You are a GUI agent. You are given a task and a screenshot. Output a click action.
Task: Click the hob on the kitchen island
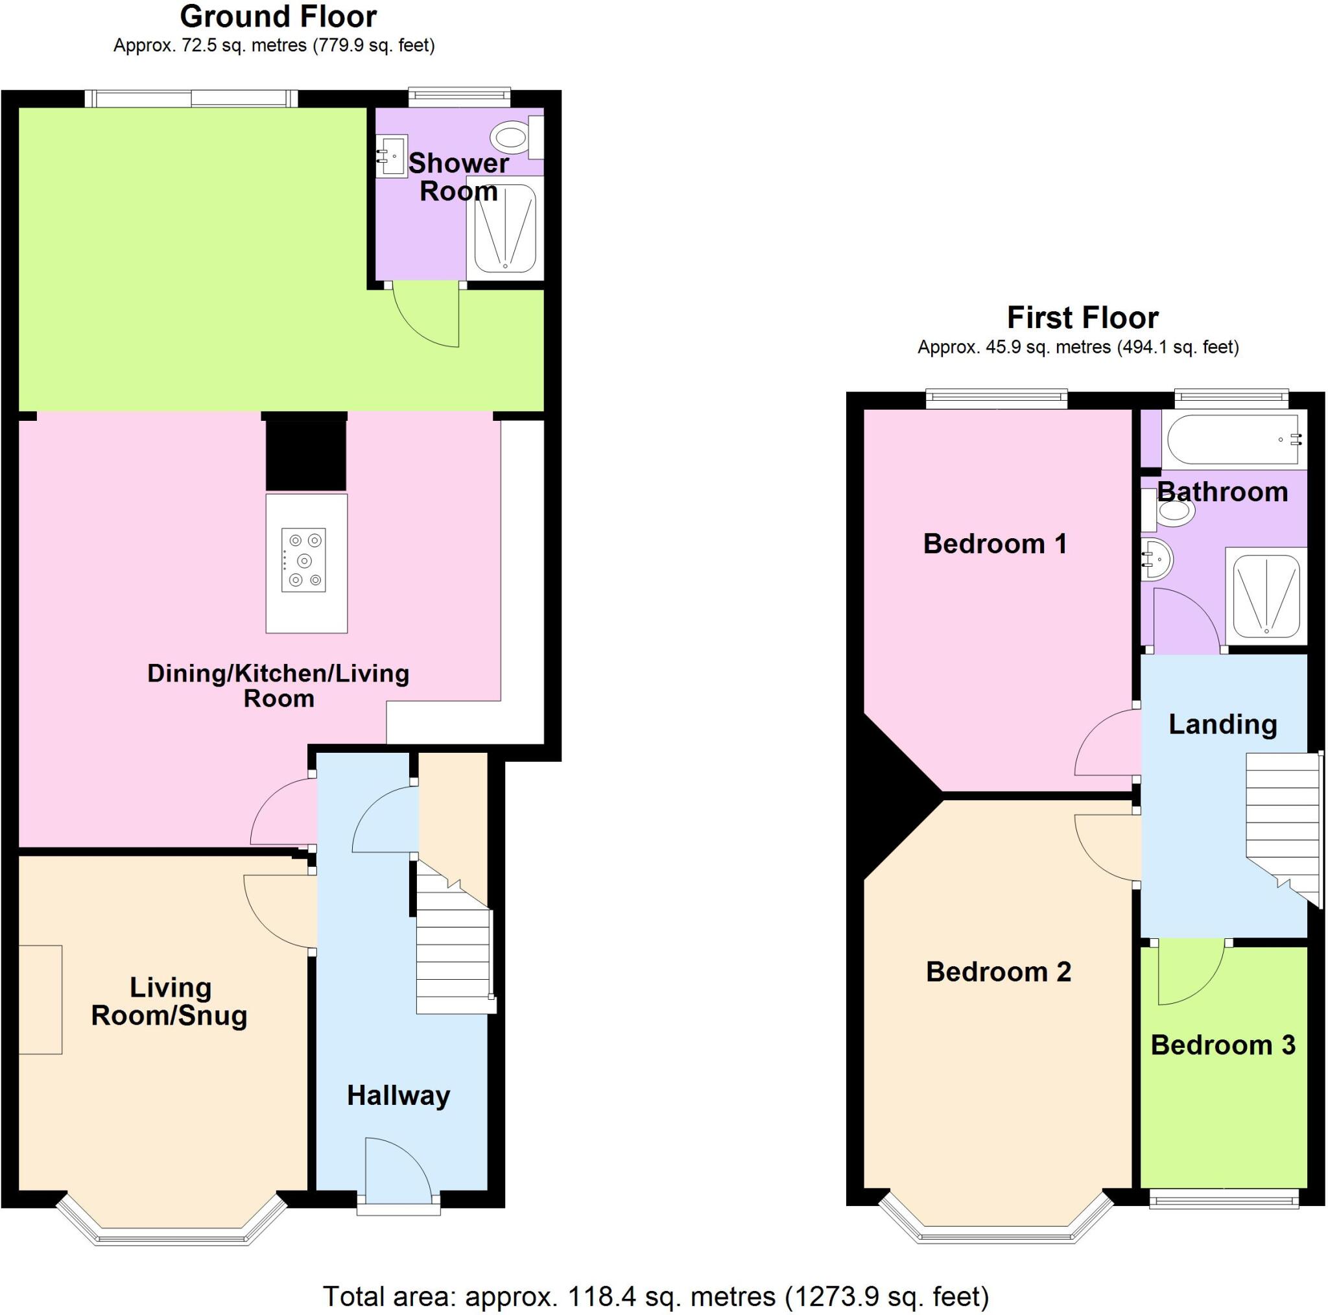[x=303, y=560]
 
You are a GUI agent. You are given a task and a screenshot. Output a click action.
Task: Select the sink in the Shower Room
[x=392, y=156]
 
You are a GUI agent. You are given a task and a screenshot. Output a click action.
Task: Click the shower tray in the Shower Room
[x=505, y=229]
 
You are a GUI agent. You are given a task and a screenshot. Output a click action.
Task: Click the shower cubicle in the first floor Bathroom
[x=1266, y=595]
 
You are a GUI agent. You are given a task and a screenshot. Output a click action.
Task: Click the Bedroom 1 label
[x=995, y=544]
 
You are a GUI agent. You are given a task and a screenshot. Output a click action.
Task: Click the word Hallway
[x=398, y=1096]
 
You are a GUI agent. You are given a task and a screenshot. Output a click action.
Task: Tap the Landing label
[x=1223, y=724]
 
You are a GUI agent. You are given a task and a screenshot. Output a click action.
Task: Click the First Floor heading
[x=1083, y=318]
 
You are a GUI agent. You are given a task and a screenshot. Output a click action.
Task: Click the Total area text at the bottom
[x=656, y=1296]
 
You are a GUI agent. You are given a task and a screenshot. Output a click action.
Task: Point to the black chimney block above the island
[x=306, y=455]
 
